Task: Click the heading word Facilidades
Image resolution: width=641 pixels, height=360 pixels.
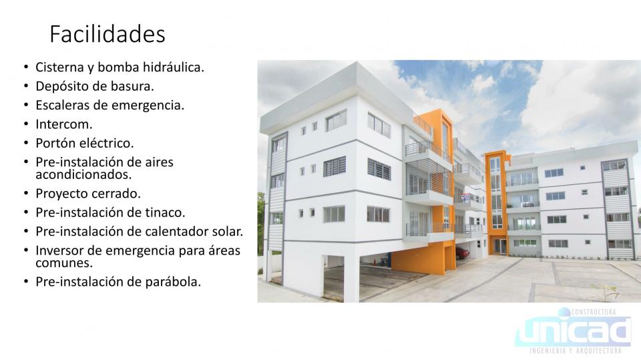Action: pos(107,33)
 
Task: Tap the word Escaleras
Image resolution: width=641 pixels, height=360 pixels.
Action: pos(63,105)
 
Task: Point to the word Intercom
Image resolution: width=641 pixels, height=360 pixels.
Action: pos(64,124)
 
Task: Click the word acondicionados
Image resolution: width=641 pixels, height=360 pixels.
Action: pos(83,175)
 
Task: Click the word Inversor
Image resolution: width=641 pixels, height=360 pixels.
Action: pos(59,250)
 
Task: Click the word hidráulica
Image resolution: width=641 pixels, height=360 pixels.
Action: pos(173,67)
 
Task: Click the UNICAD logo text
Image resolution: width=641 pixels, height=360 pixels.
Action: pos(572,331)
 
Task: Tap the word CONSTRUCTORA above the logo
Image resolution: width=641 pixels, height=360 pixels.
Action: pos(593,312)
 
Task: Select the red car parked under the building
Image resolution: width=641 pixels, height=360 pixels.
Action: pos(462,253)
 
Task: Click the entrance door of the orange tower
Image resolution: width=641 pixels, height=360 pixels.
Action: pos(499,246)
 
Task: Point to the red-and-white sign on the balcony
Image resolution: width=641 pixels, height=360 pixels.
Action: pos(465,197)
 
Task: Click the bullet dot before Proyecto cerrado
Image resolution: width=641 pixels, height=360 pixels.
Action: pos(26,194)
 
